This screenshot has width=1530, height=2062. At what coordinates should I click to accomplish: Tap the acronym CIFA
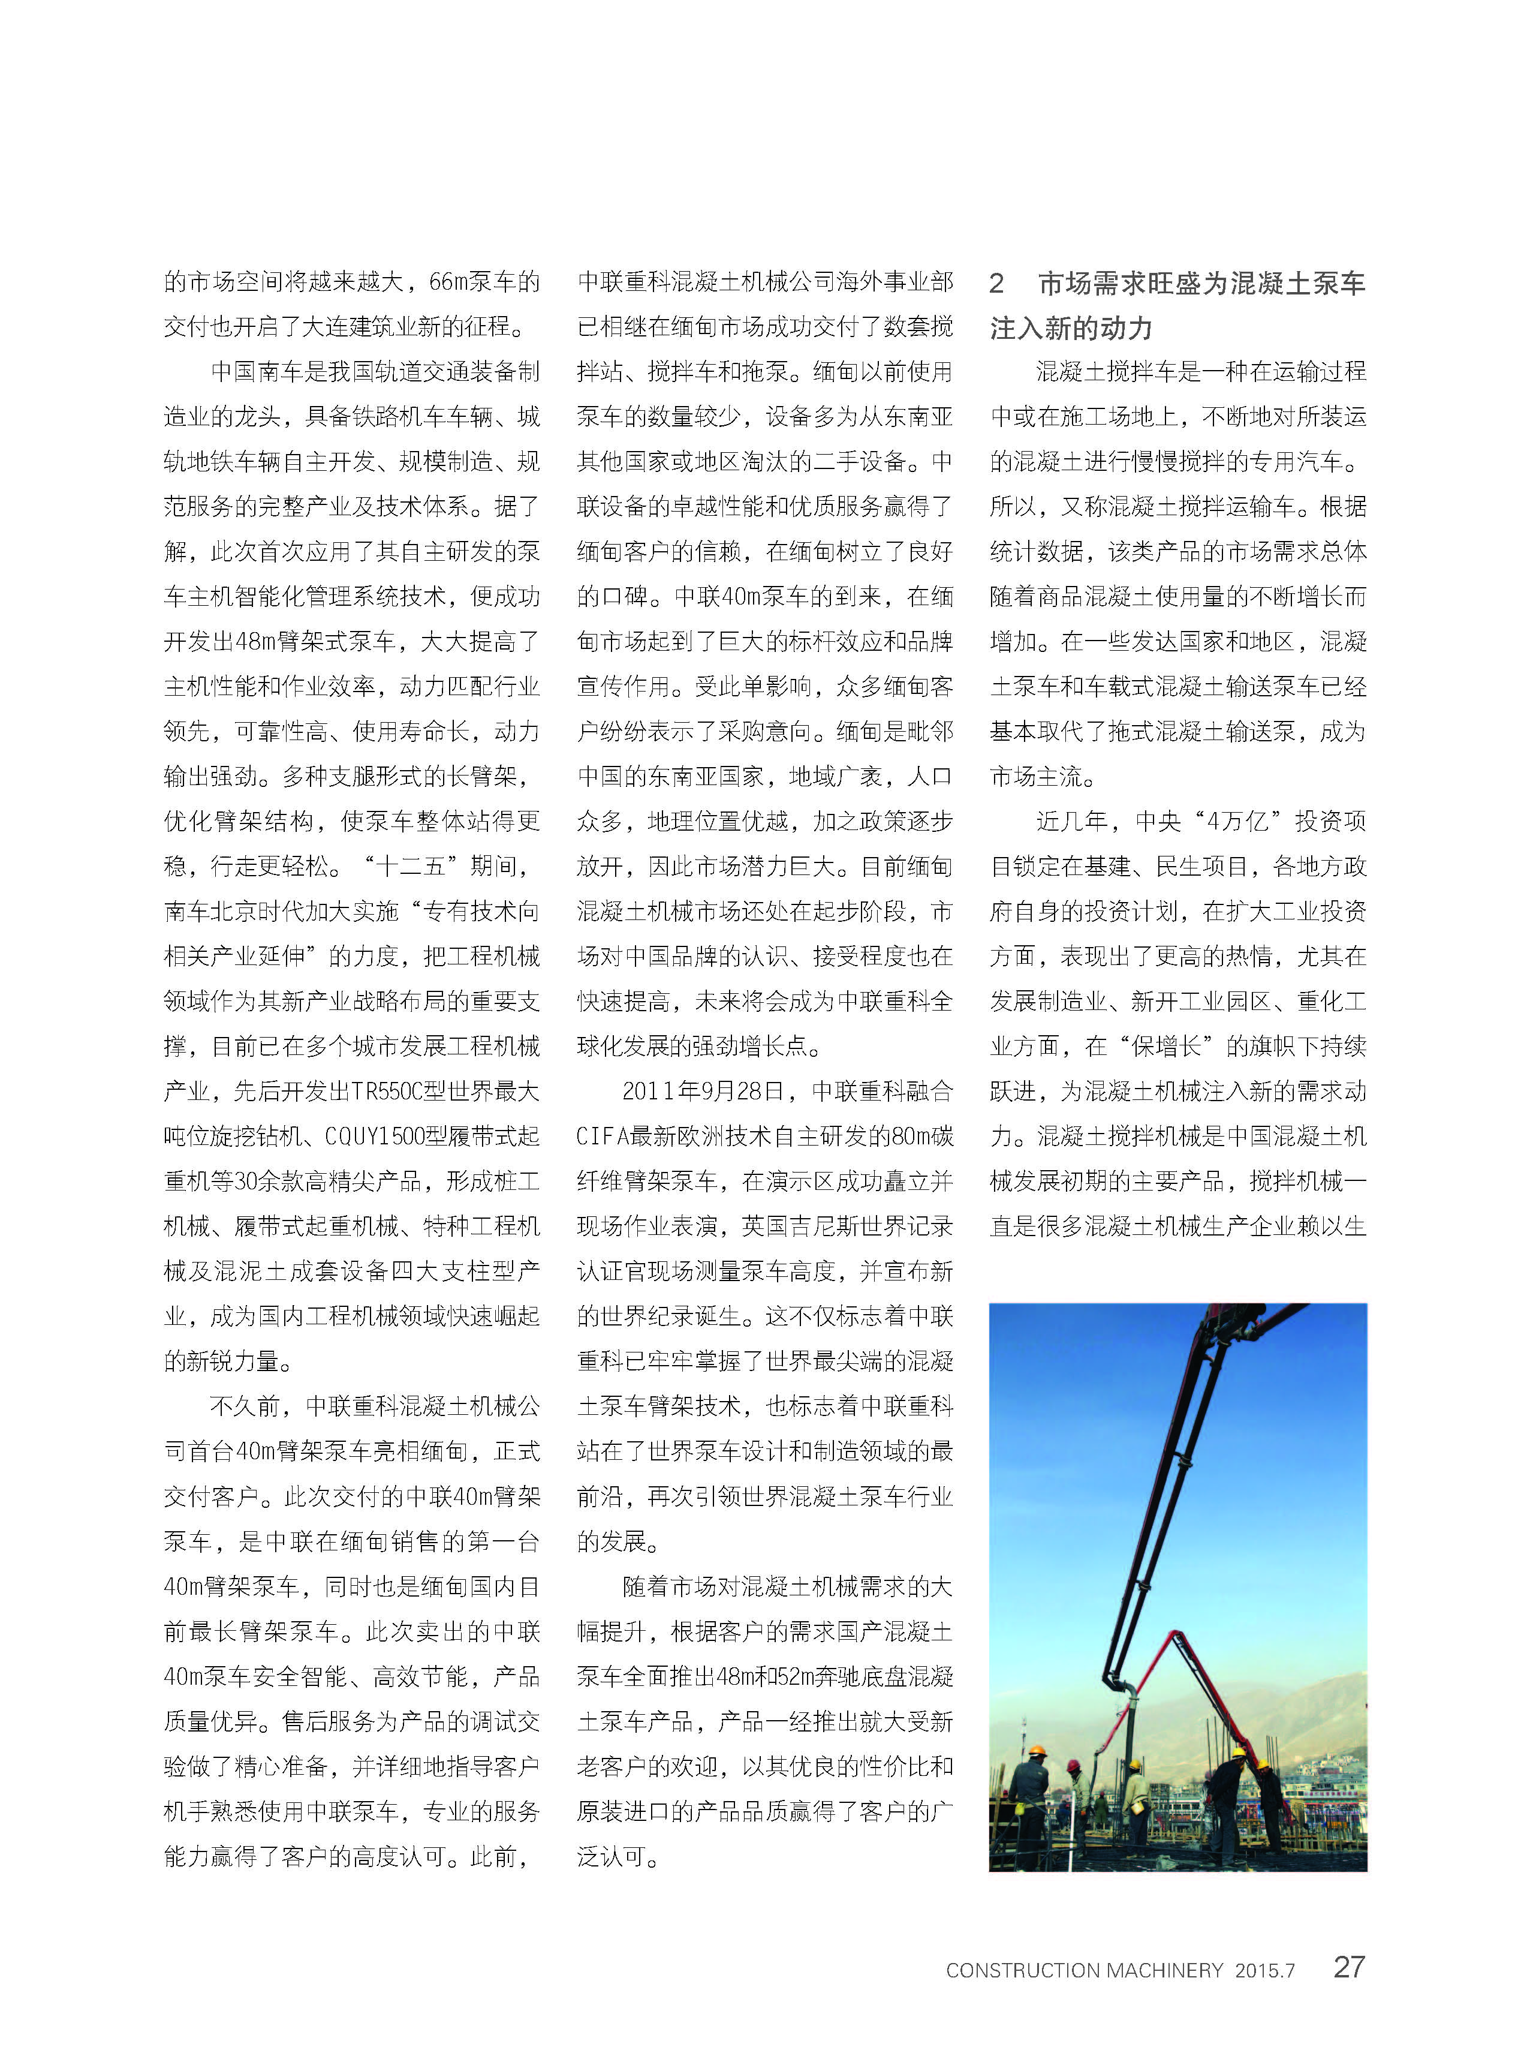[605, 1137]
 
